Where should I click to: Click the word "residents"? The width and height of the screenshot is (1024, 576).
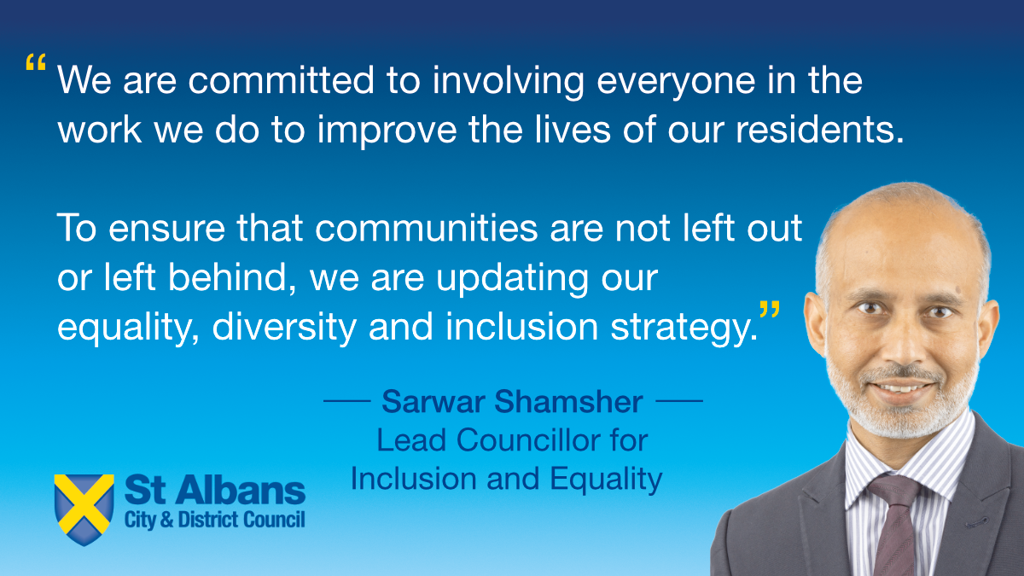[811, 132]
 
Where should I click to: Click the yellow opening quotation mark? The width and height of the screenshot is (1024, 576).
[36, 64]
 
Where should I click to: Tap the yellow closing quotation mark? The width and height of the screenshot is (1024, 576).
[770, 309]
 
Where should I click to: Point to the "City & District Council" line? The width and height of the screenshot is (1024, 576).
[214, 520]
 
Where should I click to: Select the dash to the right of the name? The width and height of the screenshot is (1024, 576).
[683, 399]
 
